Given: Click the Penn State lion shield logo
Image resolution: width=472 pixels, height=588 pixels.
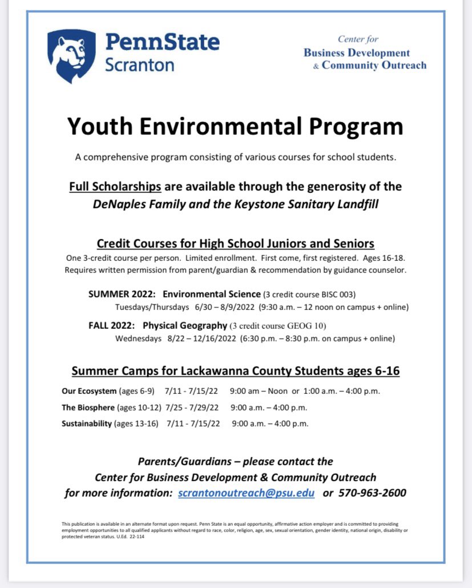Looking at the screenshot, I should click(x=72, y=55).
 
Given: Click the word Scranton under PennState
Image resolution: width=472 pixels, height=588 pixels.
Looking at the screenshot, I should click(x=139, y=65).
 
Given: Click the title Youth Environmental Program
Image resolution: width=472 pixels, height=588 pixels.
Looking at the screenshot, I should click(x=235, y=126).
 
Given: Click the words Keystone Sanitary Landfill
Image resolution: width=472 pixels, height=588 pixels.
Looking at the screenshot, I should click(x=311, y=204).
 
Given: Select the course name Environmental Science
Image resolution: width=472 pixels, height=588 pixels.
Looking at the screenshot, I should click(x=211, y=295).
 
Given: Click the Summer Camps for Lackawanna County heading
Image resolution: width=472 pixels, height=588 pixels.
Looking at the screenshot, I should click(x=235, y=371).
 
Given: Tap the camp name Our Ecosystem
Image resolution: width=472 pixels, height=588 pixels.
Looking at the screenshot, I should click(x=88, y=392).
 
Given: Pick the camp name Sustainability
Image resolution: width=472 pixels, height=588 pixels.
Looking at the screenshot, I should click(x=87, y=424).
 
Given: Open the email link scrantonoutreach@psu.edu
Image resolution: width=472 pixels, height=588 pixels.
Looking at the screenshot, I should click(x=246, y=493).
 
